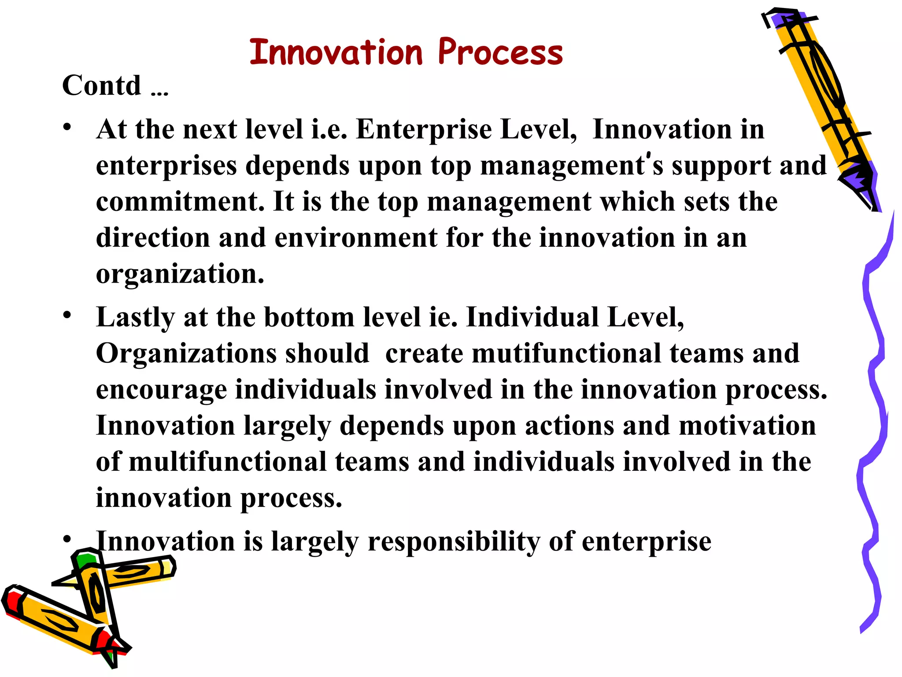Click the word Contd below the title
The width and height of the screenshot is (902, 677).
coord(102,86)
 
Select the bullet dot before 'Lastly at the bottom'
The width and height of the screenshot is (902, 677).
coord(67,315)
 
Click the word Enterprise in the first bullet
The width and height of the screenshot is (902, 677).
coord(423,130)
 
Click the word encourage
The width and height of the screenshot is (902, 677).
coord(161,391)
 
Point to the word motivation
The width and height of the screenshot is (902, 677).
coord(747,426)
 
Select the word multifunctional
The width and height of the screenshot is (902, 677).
coord(227,462)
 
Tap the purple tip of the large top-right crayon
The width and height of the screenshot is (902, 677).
coord(859,181)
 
